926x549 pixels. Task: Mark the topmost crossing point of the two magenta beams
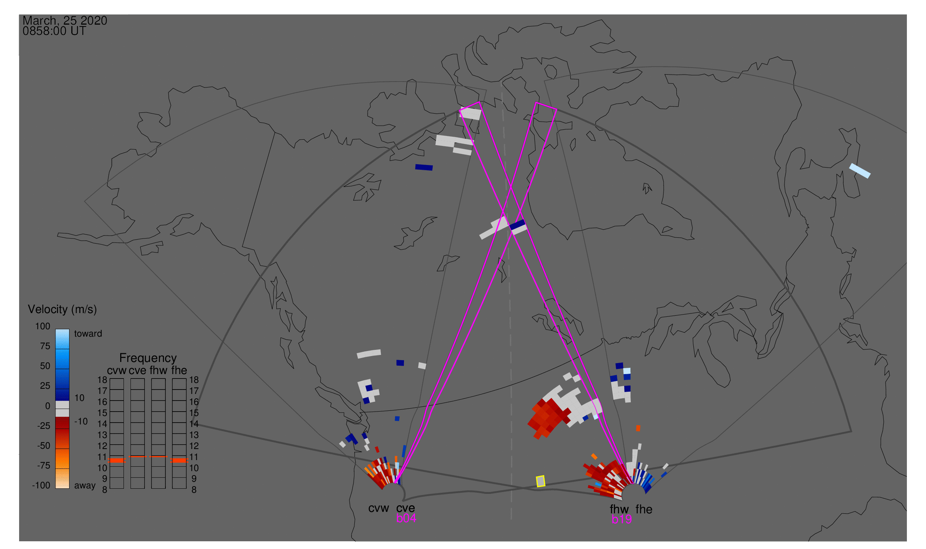tap(511, 188)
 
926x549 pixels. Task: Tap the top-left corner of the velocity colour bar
tap(56, 329)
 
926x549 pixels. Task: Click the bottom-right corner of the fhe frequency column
tap(186, 489)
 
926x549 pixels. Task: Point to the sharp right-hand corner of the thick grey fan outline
tap(851, 431)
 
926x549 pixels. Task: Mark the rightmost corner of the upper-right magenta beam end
tap(557, 109)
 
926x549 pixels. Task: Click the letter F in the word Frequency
tap(123, 358)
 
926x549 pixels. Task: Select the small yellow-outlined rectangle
tap(541, 481)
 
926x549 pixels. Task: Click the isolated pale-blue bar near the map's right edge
tap(860, 171)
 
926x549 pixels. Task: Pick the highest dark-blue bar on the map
tap(424, 167)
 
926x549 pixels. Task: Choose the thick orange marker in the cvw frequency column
tap(117, 460)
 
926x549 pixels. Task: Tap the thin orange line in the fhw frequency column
tap(158, 456)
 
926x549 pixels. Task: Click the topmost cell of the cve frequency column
tap(137, 384)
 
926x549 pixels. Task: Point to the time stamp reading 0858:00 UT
tap(54, 31)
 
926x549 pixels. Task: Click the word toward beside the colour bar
tap(88, 334)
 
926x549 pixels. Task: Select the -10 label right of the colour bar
tap(81, 421)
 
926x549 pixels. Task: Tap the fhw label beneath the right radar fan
tap(619, 509)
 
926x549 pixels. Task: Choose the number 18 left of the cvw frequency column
tap(102, 380)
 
